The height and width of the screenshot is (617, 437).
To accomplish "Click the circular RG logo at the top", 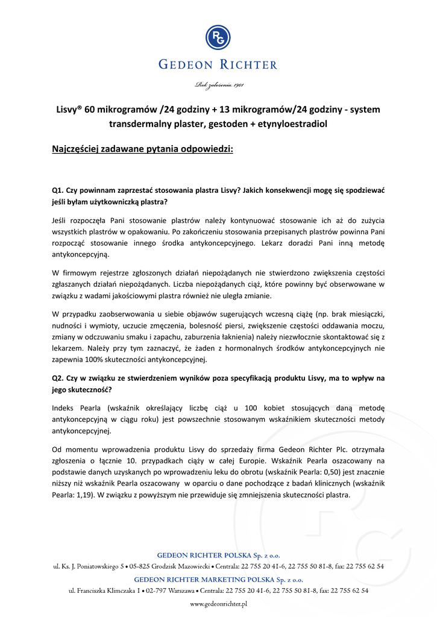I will pos(218,38).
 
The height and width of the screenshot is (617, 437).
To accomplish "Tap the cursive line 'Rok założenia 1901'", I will pos(218,85).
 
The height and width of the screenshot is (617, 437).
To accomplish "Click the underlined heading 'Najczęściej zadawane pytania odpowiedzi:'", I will pos(142,148).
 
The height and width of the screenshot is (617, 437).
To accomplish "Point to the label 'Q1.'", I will pos(58,189).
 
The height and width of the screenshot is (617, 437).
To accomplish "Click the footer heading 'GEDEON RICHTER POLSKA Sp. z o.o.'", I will pos(218,555).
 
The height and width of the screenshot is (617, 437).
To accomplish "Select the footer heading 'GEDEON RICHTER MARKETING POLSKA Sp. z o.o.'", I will pos(218,579).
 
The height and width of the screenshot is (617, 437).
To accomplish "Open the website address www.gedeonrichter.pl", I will pos(218,603).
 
